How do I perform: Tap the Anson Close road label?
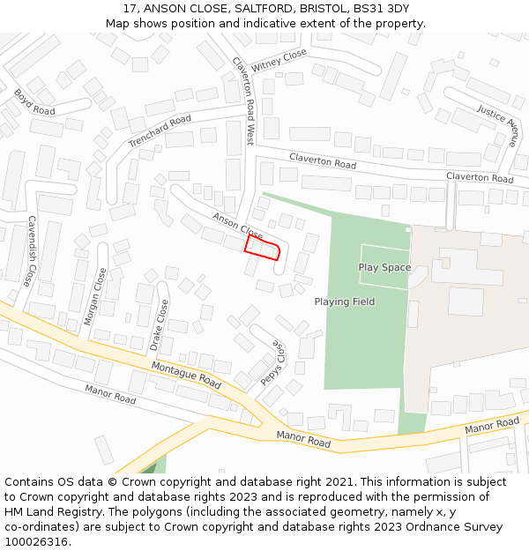click(x=237, y=226)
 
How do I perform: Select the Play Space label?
click(x=384, y=267)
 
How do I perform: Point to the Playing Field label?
click(x=345, y=302)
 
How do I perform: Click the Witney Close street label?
click(x=279, y=61)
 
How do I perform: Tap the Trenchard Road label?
click(x=160, y=131)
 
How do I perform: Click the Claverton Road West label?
click(x=242, y=101)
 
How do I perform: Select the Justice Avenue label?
click(x=497, y=125)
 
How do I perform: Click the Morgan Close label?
click(x=94, y=297)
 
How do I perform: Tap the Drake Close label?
click(x=159, y=324)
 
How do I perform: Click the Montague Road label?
click(x=186, y=375)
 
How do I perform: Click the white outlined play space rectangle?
click(x=384, y=266)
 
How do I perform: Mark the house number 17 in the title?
click(x=130, y=9)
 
